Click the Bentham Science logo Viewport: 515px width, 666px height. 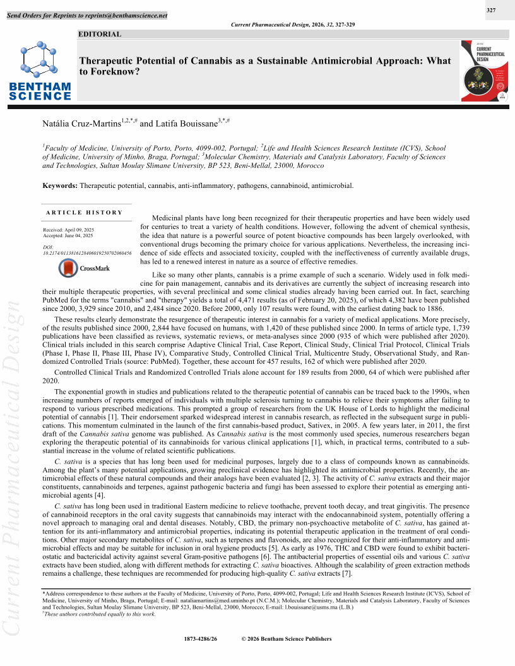40,70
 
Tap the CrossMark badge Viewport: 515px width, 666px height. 84,268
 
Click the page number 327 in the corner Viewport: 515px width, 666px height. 491,10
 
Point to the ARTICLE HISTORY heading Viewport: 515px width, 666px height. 84,213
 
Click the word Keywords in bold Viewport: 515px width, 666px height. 60,185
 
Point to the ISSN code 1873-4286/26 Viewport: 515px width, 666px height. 200,639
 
